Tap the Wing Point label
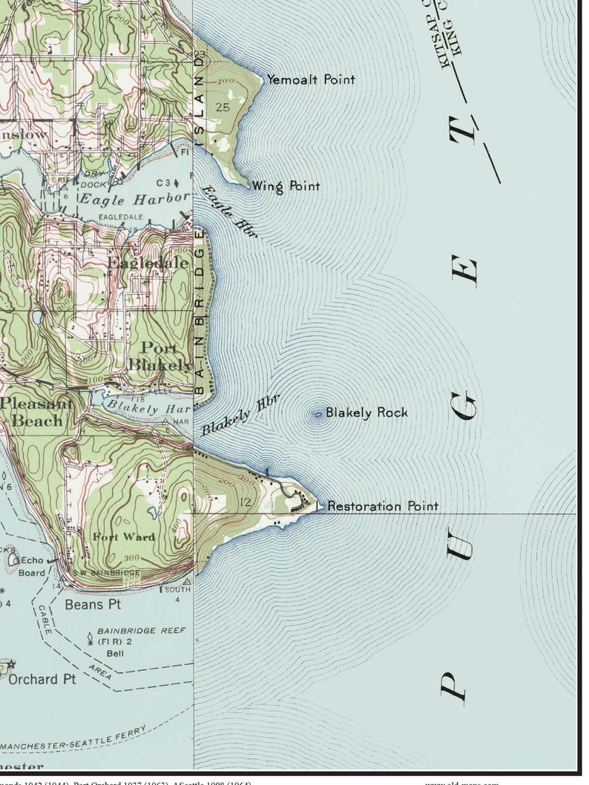tap(286, 185)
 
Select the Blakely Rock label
tap(366, 413)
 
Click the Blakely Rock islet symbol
tap(319, 414)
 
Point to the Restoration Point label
tap(382, 507)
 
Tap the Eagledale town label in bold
tap(148, 263)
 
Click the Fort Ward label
tap(124, 536)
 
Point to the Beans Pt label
tap(93, 605)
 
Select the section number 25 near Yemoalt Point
tap(222, 108)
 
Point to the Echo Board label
tap(32, 566)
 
